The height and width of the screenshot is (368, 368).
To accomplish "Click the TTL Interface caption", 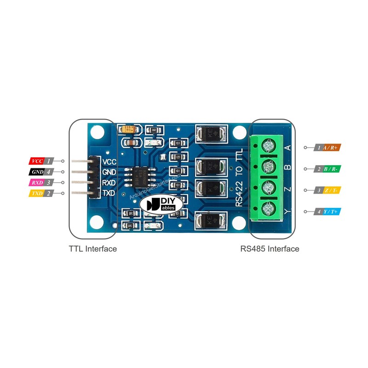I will [92, 249].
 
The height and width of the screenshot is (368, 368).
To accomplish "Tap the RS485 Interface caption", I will [270, 249].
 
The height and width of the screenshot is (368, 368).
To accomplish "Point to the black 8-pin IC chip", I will [142, 176].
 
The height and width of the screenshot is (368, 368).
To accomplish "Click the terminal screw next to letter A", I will [267, 147].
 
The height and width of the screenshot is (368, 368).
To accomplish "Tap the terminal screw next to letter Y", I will [267, 211].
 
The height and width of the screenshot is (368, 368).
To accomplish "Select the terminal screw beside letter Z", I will [267, 189].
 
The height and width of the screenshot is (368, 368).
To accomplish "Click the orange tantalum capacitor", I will [129, 130].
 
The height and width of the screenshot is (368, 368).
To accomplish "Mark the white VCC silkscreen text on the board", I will [109, 161].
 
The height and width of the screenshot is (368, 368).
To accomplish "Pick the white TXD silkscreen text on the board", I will [109, 193].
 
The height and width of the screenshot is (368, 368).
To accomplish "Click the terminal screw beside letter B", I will [267, 168].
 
